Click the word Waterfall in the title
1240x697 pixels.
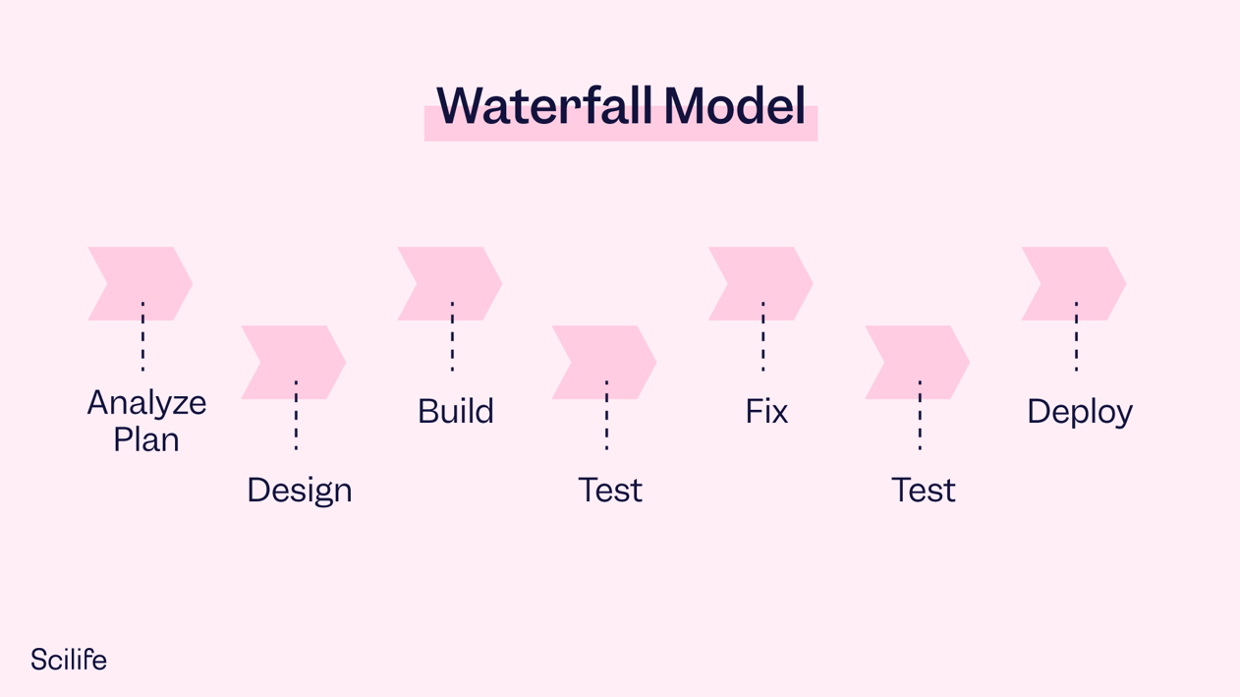(546, 105)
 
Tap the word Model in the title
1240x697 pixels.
(734, 105)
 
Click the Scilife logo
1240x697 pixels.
(68, 660)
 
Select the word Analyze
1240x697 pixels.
(146, 402)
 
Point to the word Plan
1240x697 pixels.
(146, 439)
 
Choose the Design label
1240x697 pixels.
(299, 490)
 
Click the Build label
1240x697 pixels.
(455, 411)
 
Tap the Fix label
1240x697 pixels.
(766, 411)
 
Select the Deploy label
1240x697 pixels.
(1079, 411)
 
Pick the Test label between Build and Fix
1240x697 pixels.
(610, 490)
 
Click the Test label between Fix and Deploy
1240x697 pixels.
(923, 490)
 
